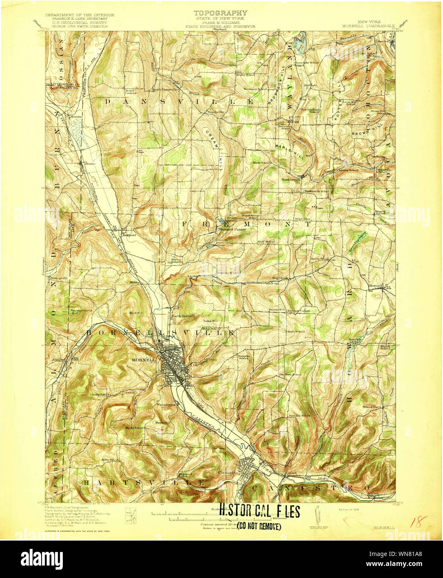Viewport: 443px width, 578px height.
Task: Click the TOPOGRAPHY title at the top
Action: coord(220,13)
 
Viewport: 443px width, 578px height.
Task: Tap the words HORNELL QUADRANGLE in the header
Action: coord(368,25)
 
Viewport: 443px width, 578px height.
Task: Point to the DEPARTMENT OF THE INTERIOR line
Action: coord(74,15)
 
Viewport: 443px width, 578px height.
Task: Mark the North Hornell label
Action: coord(183,316)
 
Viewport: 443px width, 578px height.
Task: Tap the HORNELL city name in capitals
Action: coord(144,360)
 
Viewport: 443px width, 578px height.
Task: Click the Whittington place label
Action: coord(166,404)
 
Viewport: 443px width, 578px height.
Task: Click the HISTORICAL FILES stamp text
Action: coord(259,511)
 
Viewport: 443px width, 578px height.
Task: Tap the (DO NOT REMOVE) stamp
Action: coord(259,526)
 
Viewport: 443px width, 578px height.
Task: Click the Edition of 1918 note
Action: coord(349,509)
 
